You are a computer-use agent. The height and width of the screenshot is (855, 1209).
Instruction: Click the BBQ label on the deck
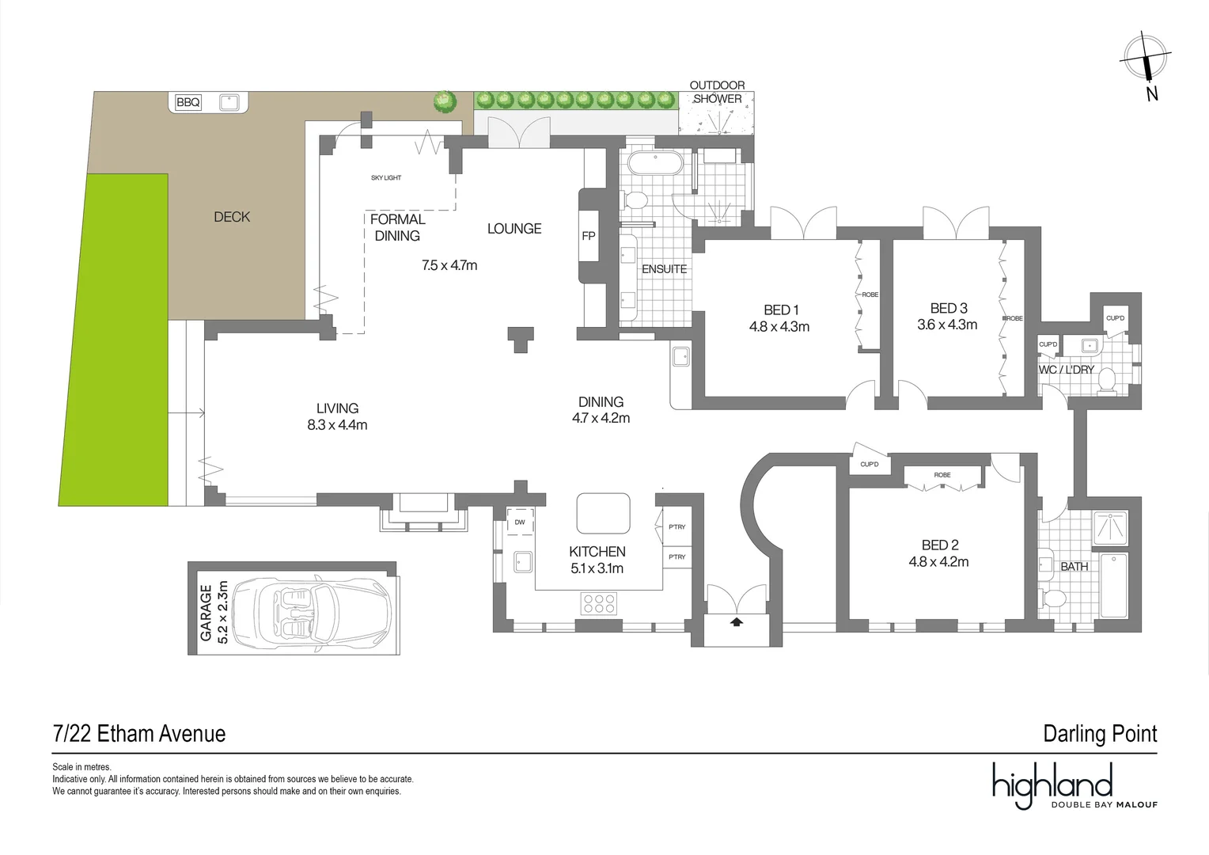point(188,102)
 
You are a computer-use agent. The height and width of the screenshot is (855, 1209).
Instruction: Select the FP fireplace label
point(589,236)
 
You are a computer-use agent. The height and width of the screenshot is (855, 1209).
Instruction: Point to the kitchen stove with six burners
point(599,603)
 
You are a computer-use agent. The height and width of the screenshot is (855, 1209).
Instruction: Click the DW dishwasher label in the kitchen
point(520,522)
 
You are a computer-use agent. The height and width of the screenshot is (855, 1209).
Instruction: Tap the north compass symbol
point(1146,60)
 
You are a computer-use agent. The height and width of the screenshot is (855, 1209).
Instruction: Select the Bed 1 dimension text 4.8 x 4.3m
point(779,327)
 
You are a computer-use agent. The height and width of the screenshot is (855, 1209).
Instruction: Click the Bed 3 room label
point(949,308)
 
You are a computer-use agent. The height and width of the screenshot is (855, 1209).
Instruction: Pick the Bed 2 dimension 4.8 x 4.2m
point(939,562)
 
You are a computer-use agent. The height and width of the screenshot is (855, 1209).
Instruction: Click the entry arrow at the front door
point(737,622)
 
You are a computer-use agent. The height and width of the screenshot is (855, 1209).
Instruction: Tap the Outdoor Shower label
point(718,92)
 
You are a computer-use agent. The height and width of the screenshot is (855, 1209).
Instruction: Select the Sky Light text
point(386,178)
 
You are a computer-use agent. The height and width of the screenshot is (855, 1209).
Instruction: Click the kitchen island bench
point(604,513)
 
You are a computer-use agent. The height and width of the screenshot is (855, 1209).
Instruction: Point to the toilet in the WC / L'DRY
point(1106,379)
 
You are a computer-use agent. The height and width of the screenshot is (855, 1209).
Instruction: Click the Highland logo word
point(1052,785)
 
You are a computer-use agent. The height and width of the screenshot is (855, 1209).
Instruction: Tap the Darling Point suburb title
point(1100,734)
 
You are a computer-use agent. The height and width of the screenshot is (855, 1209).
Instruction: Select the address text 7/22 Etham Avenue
point(139,734)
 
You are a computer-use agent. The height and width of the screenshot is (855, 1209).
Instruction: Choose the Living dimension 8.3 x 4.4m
point(337,425)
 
